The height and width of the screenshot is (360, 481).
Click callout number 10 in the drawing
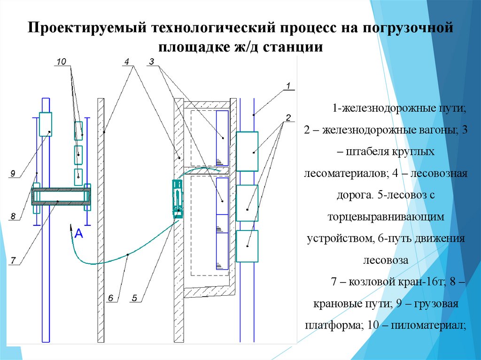click(x=62, y=62)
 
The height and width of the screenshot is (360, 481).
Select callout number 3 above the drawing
click(x=151, y=62)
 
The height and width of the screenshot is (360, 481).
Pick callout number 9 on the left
click(x=13, y=174)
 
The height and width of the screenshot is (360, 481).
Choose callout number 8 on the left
click(x=13, y=216)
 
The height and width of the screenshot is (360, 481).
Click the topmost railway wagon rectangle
click(x=247, y=151)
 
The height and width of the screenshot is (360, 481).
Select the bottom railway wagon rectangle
click(x=247, y=246)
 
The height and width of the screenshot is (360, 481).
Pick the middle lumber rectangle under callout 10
click(x=78, y=154)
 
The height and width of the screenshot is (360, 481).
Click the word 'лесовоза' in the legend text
click(x=386, y=260)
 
